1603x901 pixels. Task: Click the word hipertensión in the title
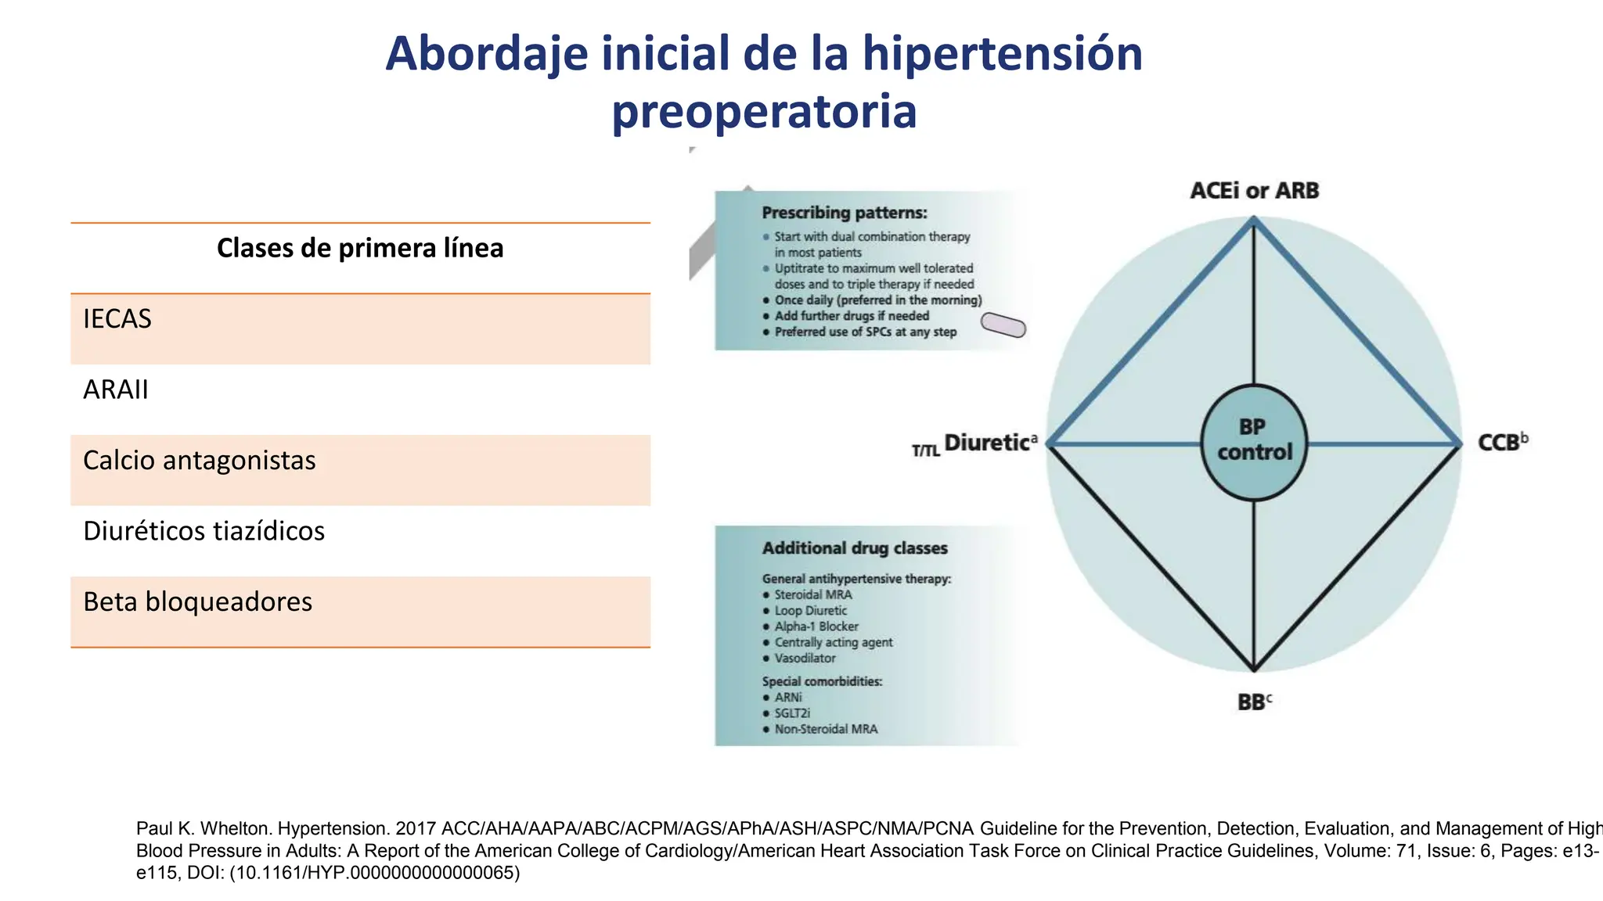1002,55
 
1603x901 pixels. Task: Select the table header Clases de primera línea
360,249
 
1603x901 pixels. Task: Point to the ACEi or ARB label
1254,191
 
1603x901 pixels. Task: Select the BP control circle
1254,442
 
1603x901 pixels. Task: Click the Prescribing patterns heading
844,213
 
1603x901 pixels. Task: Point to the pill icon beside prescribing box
1003,325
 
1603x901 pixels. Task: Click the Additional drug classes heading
855,548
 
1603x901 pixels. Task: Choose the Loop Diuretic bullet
810,611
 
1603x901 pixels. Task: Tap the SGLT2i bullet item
791,713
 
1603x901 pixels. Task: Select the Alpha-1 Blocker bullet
816,626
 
